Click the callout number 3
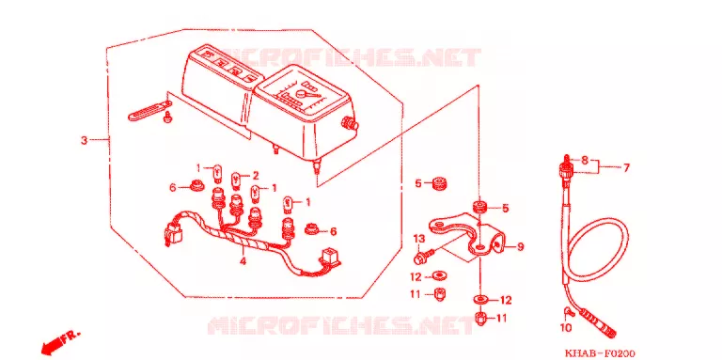coord(84,140)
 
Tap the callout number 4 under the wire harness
coord(243,261)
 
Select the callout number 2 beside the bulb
coord(255,176)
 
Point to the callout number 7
coord(626,168)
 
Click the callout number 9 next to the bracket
coord(520,247)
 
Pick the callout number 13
coord(418,239)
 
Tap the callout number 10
coord(566,328)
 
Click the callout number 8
coord(585,161)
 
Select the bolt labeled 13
coord(425,256)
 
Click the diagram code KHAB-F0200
coord(600,353)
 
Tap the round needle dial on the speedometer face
coord(302,93)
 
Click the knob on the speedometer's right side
coord(349,123)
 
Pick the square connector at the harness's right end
coord(331,258)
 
